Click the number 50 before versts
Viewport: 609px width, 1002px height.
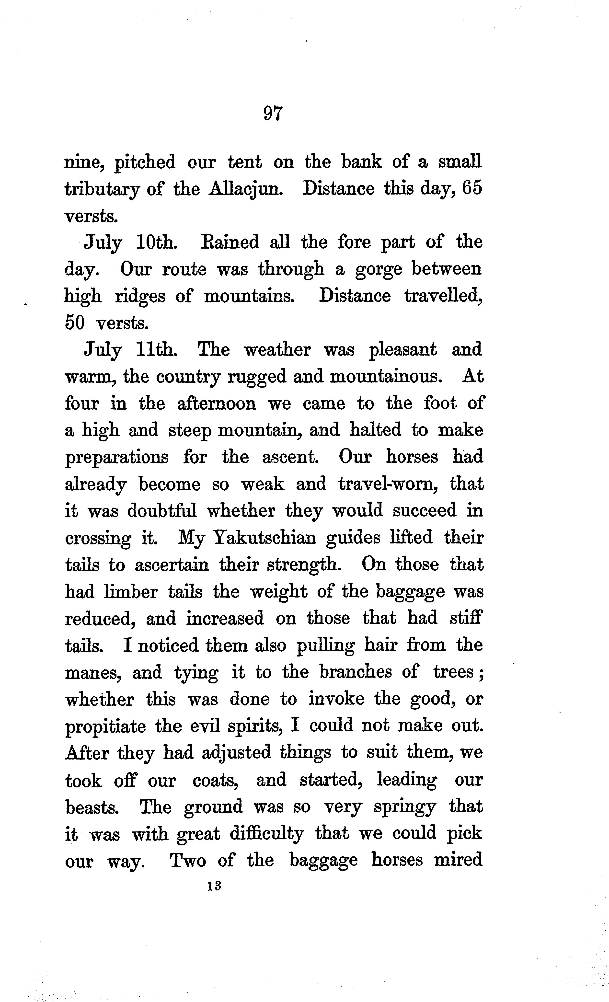coord(75,323)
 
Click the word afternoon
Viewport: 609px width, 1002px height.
coord(217,403)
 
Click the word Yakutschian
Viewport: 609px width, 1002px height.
coord(265,538)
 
